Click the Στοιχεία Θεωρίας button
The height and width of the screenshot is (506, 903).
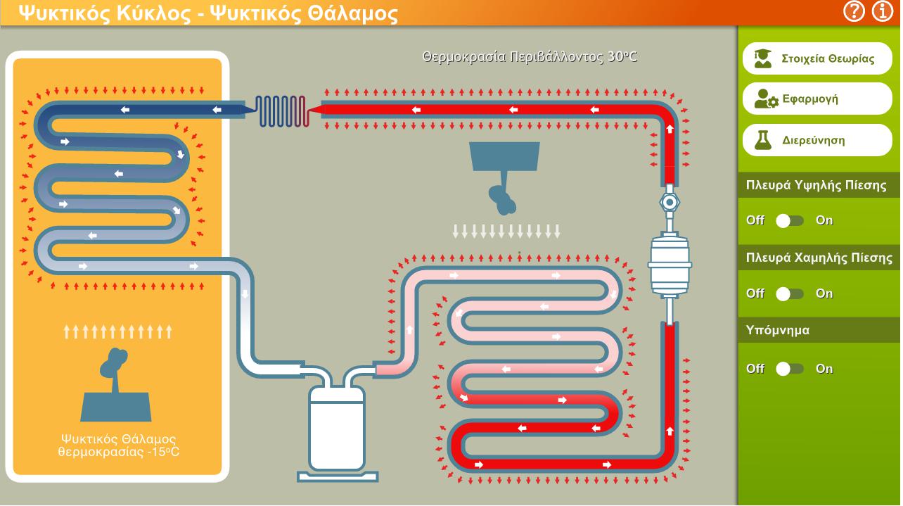[x=817, y=58]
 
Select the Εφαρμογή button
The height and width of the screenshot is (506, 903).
[x=817, y=99]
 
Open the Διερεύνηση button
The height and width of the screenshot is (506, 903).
[x=817, y=140]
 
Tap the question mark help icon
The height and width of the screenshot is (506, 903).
[x=853, y=11]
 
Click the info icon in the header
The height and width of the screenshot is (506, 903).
[x=882, y=11]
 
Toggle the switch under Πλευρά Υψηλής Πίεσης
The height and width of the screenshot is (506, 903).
[x=789, y=221]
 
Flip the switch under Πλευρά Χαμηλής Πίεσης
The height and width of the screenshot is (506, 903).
[x=789, y=293]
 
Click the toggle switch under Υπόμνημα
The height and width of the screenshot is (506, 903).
[x=789, y=369]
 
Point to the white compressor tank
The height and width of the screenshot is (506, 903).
[x=337, y=428]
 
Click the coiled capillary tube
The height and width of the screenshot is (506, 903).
[x=282, y=111]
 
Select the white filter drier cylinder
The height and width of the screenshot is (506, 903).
[x=670, y=265]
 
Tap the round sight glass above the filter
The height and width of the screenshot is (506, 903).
[x=670, y=202]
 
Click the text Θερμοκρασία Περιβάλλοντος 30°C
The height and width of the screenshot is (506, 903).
[x=530, y=57]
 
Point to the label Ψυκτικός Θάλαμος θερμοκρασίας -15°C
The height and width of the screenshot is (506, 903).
[x=119, y=445]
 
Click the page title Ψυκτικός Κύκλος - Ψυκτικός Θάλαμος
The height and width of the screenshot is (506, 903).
[x=208, y=13]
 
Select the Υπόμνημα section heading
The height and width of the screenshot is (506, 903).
[x=778, y=330]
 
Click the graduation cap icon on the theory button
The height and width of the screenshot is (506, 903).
[x=763, y=58]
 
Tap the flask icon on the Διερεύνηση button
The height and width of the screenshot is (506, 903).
[x=763, y=141]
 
